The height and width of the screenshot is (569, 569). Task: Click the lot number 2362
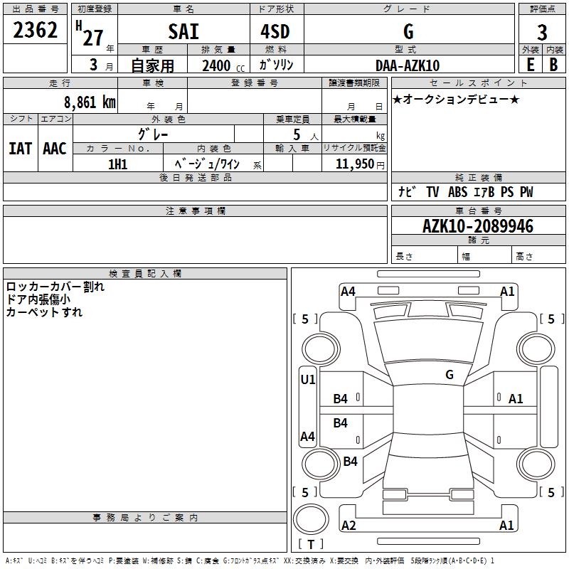pos(35,30)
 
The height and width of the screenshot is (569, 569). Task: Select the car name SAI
pos(184,31)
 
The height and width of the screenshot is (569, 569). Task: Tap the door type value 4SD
pos(275,31)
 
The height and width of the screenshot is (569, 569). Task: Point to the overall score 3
pos(542,32)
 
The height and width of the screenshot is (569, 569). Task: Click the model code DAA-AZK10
pos(408,65)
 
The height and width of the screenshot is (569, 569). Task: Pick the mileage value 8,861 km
pos(90,102)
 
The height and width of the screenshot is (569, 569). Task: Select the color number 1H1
pos(117,164)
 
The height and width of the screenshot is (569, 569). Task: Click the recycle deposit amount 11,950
pos(354,164)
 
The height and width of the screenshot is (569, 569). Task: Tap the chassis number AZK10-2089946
pos(478,226)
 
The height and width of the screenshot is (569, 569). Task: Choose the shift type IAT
pos(21,149)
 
